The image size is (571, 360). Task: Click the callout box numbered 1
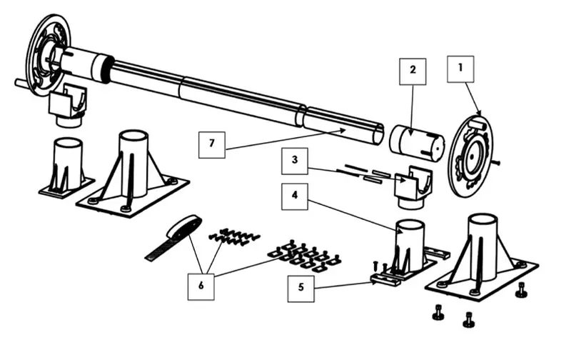[x=460, y=69]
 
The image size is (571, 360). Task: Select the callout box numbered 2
[x=413, y=71]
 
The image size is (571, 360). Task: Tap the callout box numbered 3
[x=295, y=161]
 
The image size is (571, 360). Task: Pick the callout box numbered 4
[x=295, y=196]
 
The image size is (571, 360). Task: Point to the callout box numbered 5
[x=300, y=289]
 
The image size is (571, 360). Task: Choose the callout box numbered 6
[x=201, y=286]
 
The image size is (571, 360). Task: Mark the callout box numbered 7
[x=211, y=145]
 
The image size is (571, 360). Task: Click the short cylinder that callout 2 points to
[x=417, y=142]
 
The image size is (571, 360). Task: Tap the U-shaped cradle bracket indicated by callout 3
[x=413, y=188]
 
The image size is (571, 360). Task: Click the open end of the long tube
[x=379, y=134]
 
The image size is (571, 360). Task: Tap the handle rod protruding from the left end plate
[x=25, y=84]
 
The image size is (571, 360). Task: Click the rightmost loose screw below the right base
[x=521, y=291]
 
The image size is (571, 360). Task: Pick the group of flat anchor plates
[x=305, y=256]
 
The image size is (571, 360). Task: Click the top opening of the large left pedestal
[x=133, y=136]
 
